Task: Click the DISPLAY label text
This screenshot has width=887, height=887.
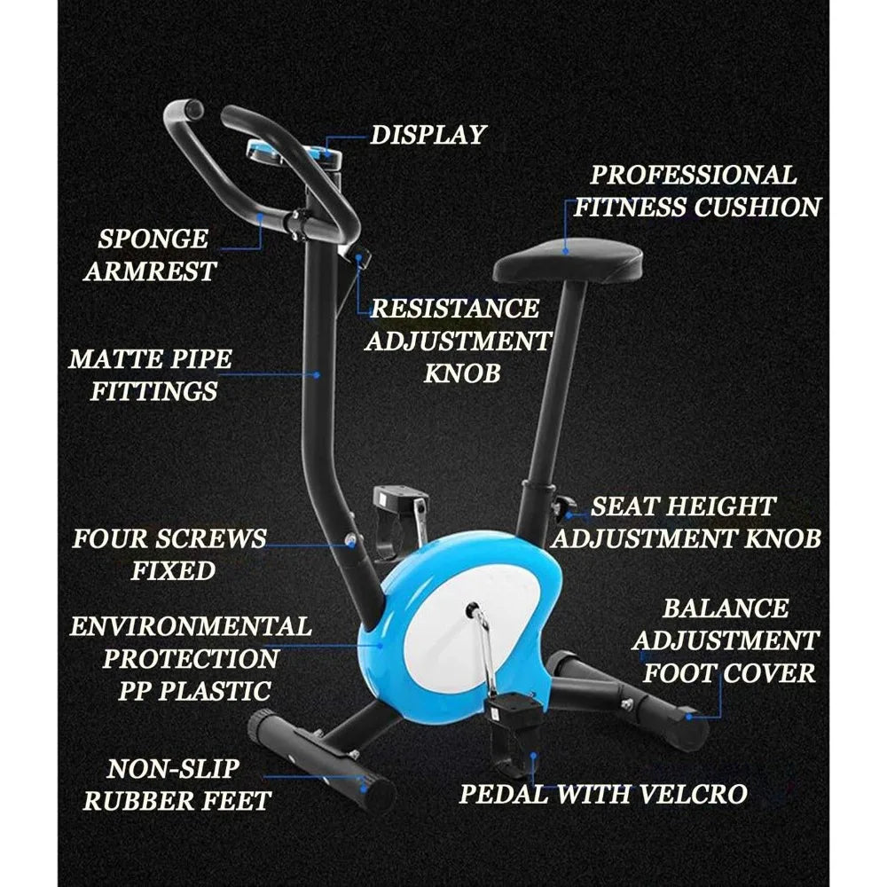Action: pyautogui.click(x=428, y=135)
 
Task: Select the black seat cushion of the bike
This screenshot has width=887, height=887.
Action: pyautogui.click(x=569, y=259)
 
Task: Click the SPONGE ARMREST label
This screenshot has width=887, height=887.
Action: pyautogui.click(x=152, y=255)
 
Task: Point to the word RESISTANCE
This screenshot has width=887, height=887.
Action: pyautogui.click(x=454, y=309)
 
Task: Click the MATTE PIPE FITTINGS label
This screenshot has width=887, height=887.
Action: pyautogui.click(x=151, y=374)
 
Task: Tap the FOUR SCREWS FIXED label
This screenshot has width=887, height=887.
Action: pyautogui.click(x=169, y=554)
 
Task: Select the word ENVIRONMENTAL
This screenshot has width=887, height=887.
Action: pyautogui.click(x=191, y=626)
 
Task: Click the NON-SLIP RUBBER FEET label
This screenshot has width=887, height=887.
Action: pyautogui.click(x=176, y=784)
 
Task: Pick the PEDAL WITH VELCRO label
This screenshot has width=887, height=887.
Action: pyautogui.click(x=603, y=793)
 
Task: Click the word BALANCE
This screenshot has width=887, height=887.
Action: pyautogui.click(x=726, y=608)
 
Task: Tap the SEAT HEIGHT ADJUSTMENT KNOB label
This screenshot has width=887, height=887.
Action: pyautogui.click(x=686, y=522)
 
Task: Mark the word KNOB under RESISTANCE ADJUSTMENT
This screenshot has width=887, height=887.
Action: pyautogui.click(x=461, y=373)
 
